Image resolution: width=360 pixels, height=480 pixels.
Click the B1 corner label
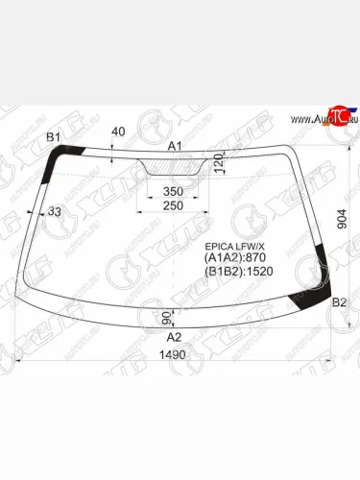click(x=53, y=137)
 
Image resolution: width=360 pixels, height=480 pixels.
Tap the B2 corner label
click(x=339, y=302)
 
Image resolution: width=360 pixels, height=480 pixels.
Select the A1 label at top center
click(x=175, y=146)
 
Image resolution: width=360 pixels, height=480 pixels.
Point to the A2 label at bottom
click(x=174, y=337)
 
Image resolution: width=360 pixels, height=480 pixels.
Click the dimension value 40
click(x=118, y=132)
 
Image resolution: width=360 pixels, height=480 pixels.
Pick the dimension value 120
click(x=219, y=163)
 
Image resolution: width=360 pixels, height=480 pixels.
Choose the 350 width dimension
click(x=173, y=192)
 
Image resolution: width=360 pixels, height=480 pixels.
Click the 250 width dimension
click(x=173, y=205)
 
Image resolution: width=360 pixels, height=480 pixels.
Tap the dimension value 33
click(x=55, y=211)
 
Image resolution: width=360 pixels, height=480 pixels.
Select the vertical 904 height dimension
click(x=342, y=219)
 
